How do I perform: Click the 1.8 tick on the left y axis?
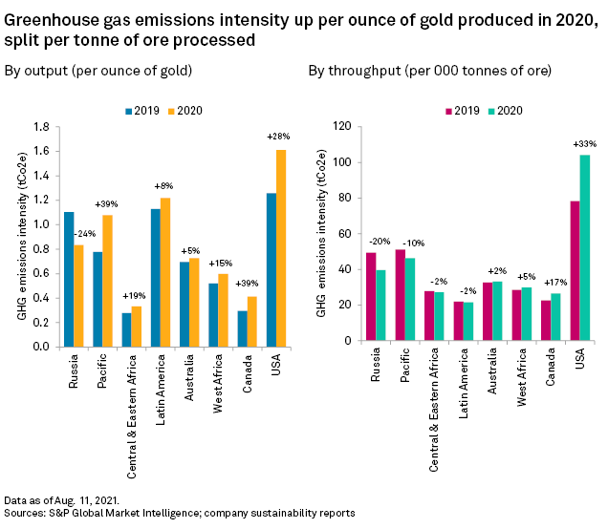[x=39, y=126]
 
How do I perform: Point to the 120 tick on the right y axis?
[x=341, y=126]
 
